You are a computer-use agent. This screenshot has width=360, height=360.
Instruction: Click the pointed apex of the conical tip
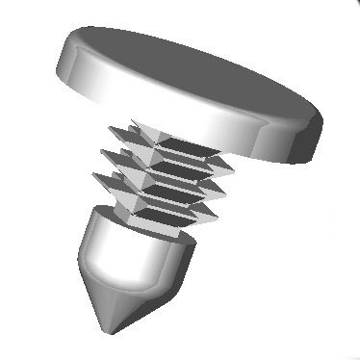click(x=113, y=330)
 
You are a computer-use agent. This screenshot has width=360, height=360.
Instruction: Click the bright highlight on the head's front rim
click(x=221, y=125)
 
